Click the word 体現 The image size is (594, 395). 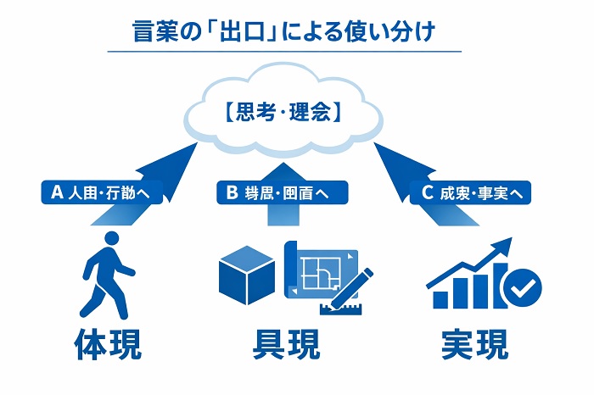pyautogui.click(x=108, y=344)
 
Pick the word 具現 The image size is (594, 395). pyautogui.click(x=286, y=344)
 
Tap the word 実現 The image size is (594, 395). pyautogui.click(x=475, y=344)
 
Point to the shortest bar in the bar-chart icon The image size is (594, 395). pyautogui.click(x=440, y=299)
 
